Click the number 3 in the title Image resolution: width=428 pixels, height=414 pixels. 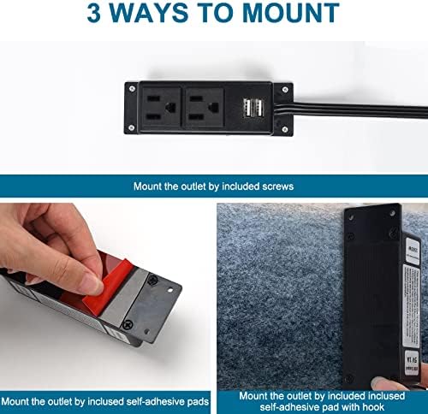click(x=94, y=14)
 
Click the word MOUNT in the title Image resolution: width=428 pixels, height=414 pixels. click(x=291, y=14)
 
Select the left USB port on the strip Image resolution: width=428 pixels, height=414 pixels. click(x=247, y=108)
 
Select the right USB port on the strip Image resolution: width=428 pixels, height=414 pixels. click(x=259, y=108)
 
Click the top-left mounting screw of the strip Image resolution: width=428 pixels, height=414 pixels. click(x=132, y=89)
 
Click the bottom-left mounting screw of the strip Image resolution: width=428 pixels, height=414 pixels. click(x=132, y=127)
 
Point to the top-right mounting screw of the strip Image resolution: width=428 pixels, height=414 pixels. click(x=285, y=90)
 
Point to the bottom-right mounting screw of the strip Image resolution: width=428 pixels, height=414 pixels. click(x=284, y=129)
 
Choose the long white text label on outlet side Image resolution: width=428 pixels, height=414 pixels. click(x=411, y=305)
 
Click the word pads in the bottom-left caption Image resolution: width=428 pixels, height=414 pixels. click(x=198, y=402)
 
